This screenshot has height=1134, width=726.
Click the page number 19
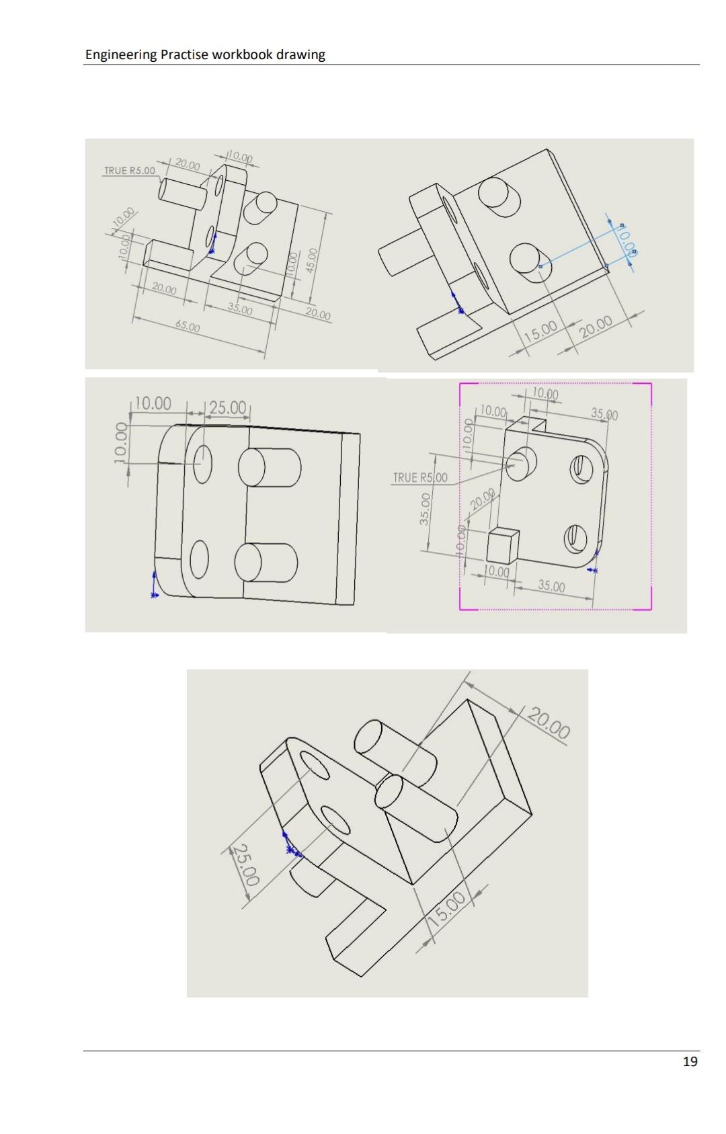point(690,1061)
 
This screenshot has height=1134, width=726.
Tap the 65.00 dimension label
point(188,327)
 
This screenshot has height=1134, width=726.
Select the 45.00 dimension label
point(312,258)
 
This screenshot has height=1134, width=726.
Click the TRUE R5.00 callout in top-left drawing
point(128,171)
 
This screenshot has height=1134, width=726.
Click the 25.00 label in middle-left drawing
point(229,407)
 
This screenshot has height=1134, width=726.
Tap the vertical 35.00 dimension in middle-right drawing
point(425,510)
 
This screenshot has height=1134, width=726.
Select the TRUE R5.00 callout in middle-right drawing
point(420,478)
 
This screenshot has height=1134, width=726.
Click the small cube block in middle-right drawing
point(502,544)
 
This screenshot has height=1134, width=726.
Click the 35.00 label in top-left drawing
point(240,309)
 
